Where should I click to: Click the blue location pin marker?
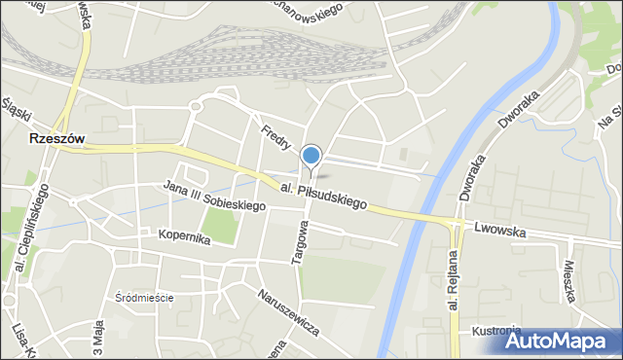(311, 156)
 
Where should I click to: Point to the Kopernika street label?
(183, 238)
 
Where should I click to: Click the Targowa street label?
(301, 240)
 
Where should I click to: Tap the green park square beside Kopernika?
(220, 226)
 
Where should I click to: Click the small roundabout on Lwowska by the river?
(453, 225)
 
